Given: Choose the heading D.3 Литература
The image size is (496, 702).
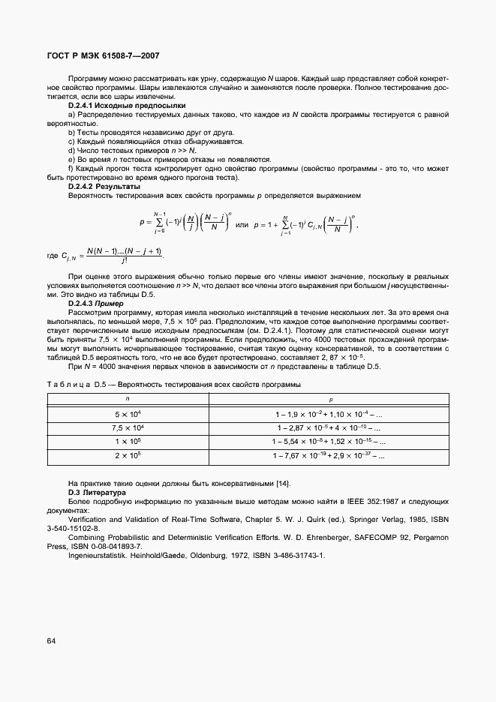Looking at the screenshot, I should click(x=98, y=492).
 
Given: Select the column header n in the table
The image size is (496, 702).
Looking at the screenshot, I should click(x=127, y=400).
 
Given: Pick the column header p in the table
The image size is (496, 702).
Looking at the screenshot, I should click(x=330, y=400).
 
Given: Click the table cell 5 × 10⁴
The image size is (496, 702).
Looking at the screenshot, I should click(x=128, y=414).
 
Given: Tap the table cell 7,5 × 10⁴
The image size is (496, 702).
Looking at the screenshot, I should click(x=128, y=427).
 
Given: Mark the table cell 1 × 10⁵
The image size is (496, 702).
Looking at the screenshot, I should click(x=128, y=441).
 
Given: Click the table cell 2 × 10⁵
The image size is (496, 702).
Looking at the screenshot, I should click(x=128, y=454).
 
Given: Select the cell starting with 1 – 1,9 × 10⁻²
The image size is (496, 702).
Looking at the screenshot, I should click(x=329, y=414).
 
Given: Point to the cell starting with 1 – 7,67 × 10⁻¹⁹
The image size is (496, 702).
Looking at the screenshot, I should click(x=329, y=454).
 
